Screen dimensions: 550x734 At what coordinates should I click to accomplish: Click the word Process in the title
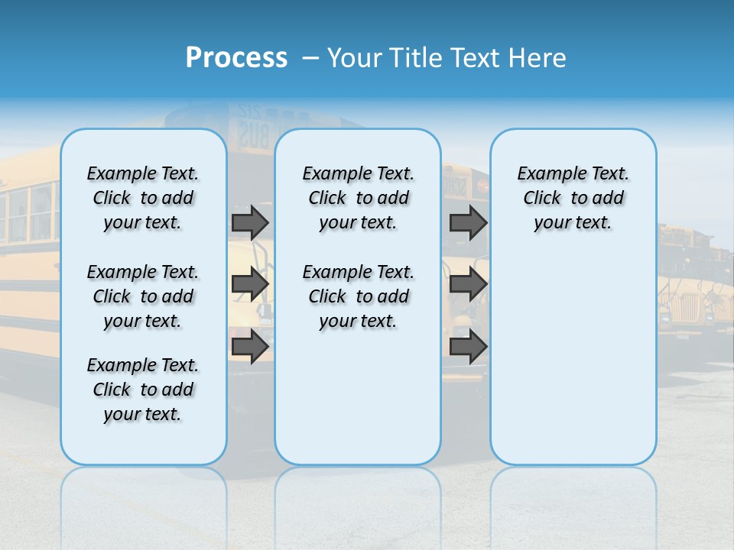point(236,58)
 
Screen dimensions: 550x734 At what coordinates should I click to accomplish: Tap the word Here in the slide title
point(538,58)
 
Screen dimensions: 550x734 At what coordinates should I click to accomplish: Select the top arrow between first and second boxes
point(250,222)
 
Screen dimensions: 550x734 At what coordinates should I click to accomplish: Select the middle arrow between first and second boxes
point(250,284)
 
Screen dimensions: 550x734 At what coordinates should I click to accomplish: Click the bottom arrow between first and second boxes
point(250,347)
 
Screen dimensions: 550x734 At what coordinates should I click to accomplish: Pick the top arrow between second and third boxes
point(469,222)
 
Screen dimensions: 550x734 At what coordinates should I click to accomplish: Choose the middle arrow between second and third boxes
point(469,284)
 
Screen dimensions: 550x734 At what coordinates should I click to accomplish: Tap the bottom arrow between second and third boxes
point(469,347)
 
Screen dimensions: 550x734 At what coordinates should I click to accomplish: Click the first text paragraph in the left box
point(143,198)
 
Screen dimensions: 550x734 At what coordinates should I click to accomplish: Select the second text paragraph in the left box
point(143,296)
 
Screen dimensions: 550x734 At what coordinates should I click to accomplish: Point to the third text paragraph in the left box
point(143,390)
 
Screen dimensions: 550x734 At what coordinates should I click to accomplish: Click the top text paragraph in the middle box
point(358,198)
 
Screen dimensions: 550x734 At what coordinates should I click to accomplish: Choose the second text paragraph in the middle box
point(358,296)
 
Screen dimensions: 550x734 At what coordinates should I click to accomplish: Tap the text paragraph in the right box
point(573,198)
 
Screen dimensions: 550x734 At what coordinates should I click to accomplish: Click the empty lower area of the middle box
point(358,397)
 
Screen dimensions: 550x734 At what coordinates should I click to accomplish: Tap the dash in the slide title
point(311,58)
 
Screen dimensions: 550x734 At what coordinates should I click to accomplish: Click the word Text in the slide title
point(476,58)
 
